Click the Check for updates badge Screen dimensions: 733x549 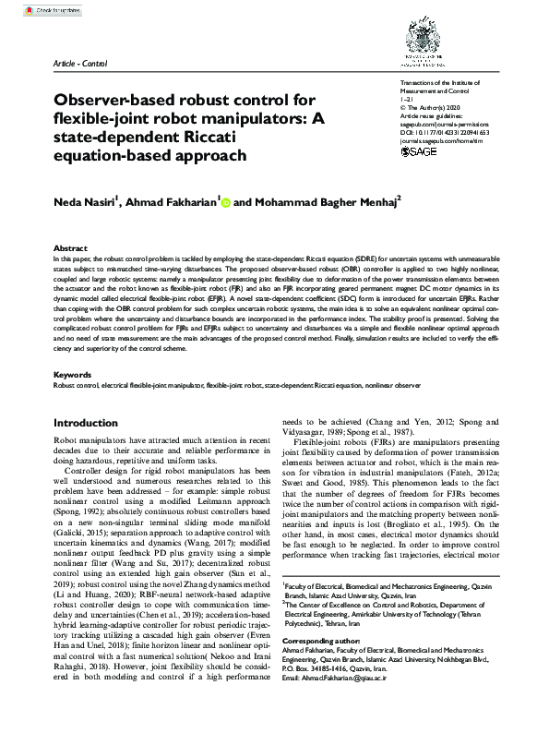tap(58, 10)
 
